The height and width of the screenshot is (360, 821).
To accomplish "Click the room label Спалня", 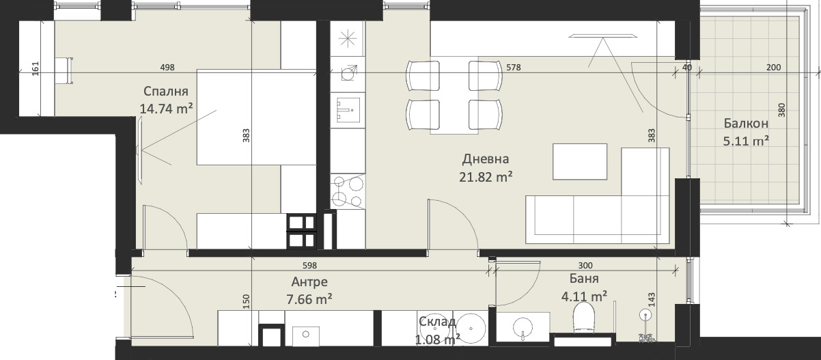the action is click(x=166, y=92).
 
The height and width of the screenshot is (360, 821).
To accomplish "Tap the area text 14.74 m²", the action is click(x=167, y=109).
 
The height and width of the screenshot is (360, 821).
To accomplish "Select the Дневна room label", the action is click(x=486, y=159).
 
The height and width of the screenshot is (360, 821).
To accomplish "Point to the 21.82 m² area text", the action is click(x=486, y=177).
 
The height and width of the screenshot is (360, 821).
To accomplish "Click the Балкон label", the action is click(x=746, y=124).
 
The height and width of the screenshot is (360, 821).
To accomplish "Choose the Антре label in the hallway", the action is click(x=309, y=282).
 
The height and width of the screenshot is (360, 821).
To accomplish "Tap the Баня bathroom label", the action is click(x=584, y=279).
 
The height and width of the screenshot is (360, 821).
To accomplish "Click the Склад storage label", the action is click(x=437, y=322).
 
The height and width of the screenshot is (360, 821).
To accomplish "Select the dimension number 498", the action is click(x=167, y=68).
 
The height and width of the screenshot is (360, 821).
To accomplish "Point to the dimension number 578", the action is click(x=514, y=68).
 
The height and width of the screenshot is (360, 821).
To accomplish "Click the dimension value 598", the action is click(x=309, y=266).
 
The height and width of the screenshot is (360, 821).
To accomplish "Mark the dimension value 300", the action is click(x=585, y=266).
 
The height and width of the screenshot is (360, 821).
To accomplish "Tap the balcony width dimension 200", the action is click(x=773, y=68).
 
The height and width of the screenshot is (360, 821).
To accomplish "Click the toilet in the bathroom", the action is click(x=583, y=319).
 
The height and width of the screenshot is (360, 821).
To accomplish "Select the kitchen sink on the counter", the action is click(x=348, y=110).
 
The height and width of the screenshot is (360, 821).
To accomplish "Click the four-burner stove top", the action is click(x=348, y=192).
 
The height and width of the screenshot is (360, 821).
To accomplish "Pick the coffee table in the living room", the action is click(x=580, y=162).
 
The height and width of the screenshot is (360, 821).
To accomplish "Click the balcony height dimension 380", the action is click(x=782, y=110).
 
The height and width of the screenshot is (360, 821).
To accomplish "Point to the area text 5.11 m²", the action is click(x=746, y=141).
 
